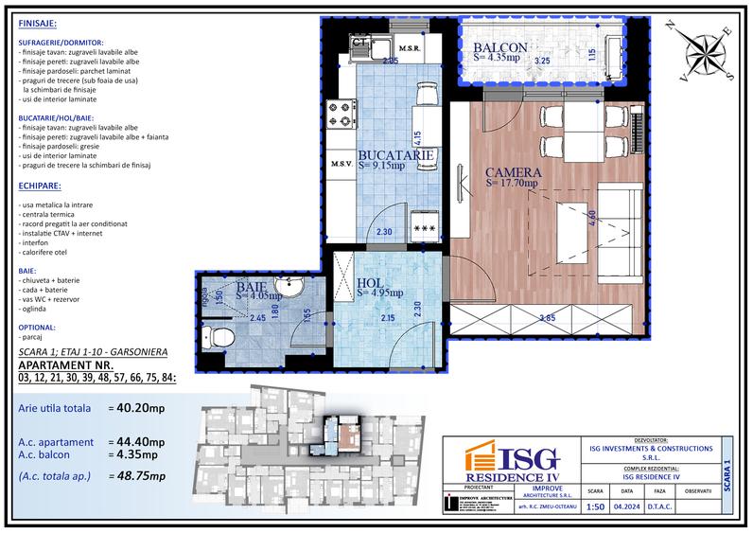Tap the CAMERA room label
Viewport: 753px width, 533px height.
(513, 173)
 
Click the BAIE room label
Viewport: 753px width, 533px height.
(251, 285)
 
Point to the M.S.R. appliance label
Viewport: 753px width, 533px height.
(409, 47)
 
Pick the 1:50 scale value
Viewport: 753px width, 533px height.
(595, 506)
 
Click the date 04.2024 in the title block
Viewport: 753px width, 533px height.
(626, 506)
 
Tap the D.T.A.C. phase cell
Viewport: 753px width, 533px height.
(659, 506)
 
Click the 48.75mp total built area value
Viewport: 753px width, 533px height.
(135, 475)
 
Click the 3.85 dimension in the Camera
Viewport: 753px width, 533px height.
(546, 318)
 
